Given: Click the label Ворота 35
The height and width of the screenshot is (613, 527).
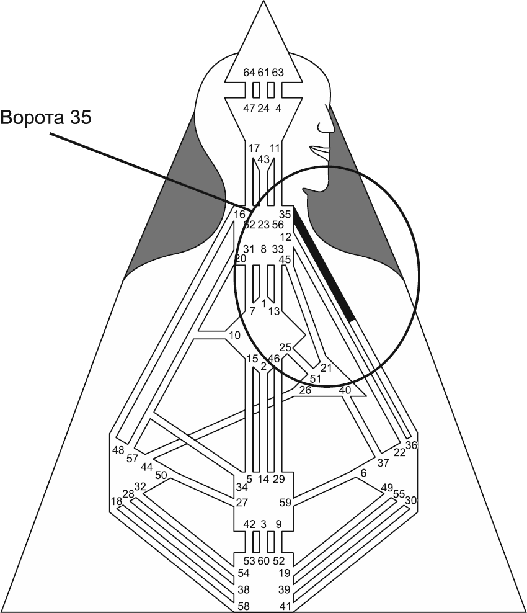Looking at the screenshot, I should [x=46, y=117].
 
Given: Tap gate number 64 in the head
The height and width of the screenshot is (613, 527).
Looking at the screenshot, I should [x=249, y=73].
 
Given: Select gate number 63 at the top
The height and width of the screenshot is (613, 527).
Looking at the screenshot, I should [x=278, y=73].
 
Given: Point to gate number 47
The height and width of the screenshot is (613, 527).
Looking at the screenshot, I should [x=249, y=109].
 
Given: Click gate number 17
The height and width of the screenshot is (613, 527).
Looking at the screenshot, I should [x=254, y=148].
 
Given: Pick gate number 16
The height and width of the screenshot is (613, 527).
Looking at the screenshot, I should [x=239, y=215].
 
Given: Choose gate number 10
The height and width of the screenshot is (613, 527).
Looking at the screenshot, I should [x=234, y=336].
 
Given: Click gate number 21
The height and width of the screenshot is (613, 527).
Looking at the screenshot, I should [x=326, y=367].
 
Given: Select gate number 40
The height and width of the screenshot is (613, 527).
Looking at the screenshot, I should [x=345, y=390].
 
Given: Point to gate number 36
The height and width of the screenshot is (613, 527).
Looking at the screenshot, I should [x=412, y=445].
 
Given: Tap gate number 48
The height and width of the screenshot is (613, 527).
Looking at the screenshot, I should [x=118, y=450].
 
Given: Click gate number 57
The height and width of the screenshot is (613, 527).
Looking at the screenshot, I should [x=132, y=459].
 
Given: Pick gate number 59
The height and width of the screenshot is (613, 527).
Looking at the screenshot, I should [x=286, y=502].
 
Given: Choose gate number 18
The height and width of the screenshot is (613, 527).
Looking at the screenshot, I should [x=116, y=501].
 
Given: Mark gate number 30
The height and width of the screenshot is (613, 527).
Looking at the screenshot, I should [x=411, y=499].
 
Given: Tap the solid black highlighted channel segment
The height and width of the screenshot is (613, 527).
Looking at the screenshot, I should [x=322, y=264].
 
